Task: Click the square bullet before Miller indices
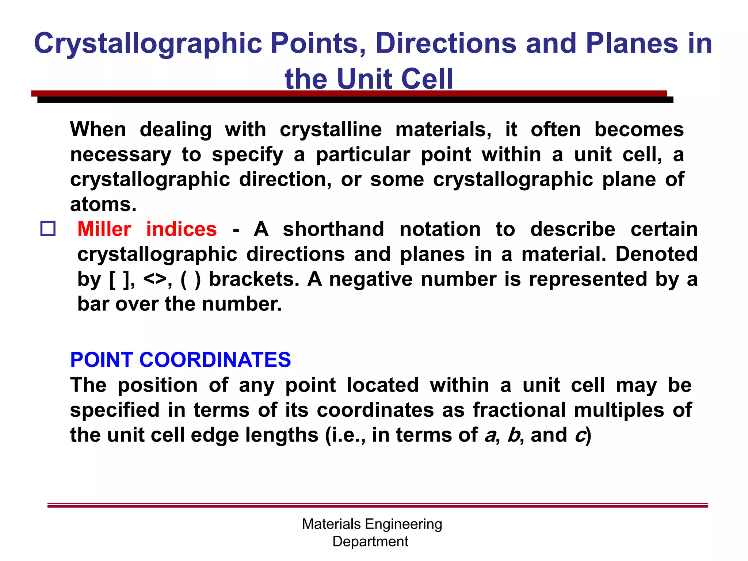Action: pyautogui.click(x=48, y=229)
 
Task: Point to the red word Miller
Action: pyautogui.click(x=104, y=229)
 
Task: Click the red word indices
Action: pyautogui.click(x=182, y=229)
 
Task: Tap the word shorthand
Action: pyautogui.click(x=333, y=229)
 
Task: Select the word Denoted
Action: pyautogui.click(x=656, y=254)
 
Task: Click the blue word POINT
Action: pyautogui.click(x=101, y=360)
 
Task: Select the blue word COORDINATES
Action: pyautogui.click(x=215, y=360)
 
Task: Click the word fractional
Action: pyautogui.click(x=519, y=410)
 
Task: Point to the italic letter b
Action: pyautogui.click(x=514, y=435)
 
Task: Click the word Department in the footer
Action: pyautogui.click(x=370, y=541)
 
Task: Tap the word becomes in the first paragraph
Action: pyautogui.click(x=639, y=130)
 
